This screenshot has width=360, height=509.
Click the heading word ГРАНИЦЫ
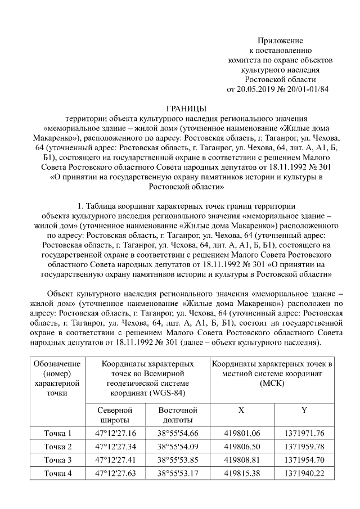(187, 108)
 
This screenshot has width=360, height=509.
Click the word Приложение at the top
(280, 41)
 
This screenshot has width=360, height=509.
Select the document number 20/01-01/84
(308, 89)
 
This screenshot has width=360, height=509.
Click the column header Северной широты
(115, 415)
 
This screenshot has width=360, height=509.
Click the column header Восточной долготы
(178, 415)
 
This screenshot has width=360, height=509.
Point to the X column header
(241, 410)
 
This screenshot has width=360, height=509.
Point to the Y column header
(304, 410)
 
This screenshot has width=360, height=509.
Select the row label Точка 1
(58, 433)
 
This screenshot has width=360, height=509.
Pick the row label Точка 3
(58, 460)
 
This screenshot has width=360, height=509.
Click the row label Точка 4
(58, 474)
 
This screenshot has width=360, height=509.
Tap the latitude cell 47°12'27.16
(115, 433)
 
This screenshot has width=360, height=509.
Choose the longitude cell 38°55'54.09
(178, 447)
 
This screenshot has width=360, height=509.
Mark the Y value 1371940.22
(304, 474)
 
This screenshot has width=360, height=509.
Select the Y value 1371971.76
(304, 433)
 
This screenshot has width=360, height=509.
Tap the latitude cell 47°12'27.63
(115, 474)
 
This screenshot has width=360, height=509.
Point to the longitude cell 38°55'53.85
(178, 460)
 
